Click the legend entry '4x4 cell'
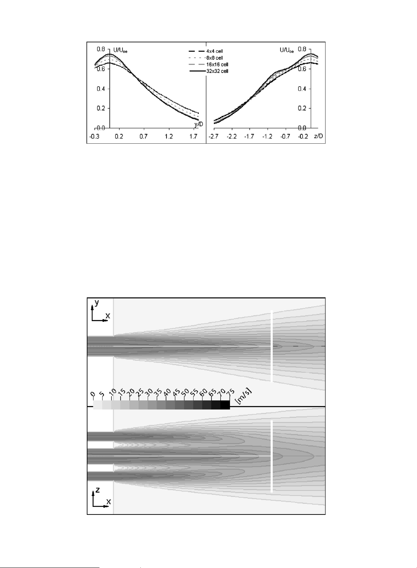(215, 51)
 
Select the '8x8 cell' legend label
(215, 58)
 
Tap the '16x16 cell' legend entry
(217, 65)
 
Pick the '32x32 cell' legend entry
(217, 71)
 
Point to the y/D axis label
(199, 124)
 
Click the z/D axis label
(319, 136)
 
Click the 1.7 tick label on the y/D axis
(194, 137)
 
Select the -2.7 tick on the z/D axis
(214, 137)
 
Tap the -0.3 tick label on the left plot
(94, 137)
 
